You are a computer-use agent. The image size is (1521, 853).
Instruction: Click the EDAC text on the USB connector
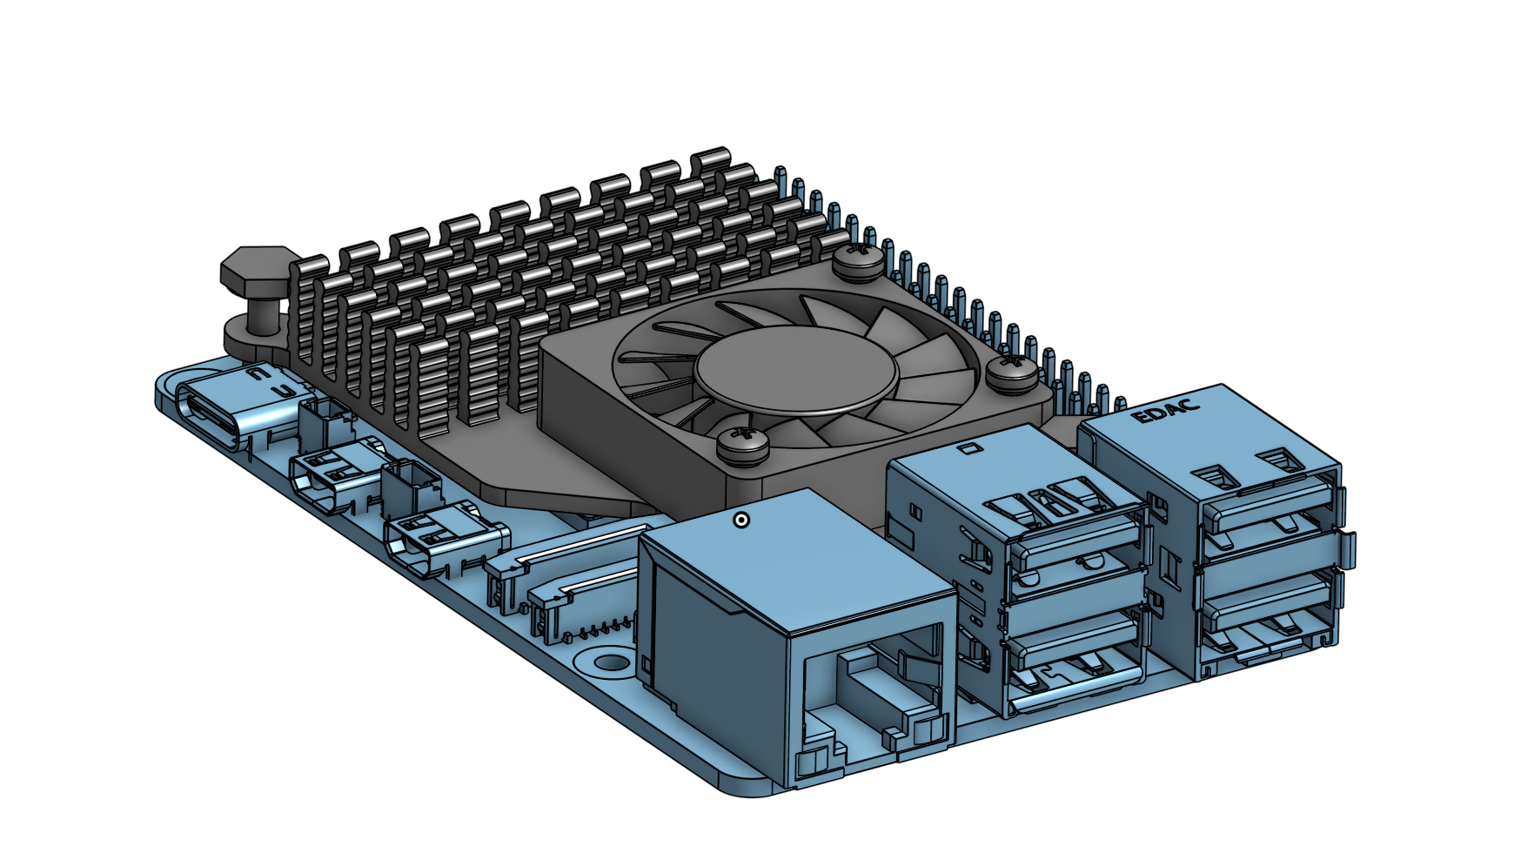[1166, 410]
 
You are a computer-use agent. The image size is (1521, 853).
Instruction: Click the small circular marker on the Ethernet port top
[741, 521]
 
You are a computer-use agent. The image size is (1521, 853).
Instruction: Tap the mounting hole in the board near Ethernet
[611, 662]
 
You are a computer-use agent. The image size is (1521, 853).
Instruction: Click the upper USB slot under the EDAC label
[1266, 514]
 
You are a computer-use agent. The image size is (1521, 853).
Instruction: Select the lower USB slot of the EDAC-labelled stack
[1266, 609]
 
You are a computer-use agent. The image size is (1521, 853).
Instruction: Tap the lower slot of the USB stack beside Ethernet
[1075, 662]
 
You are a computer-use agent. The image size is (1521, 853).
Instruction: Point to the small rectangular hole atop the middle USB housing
[967, 448]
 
